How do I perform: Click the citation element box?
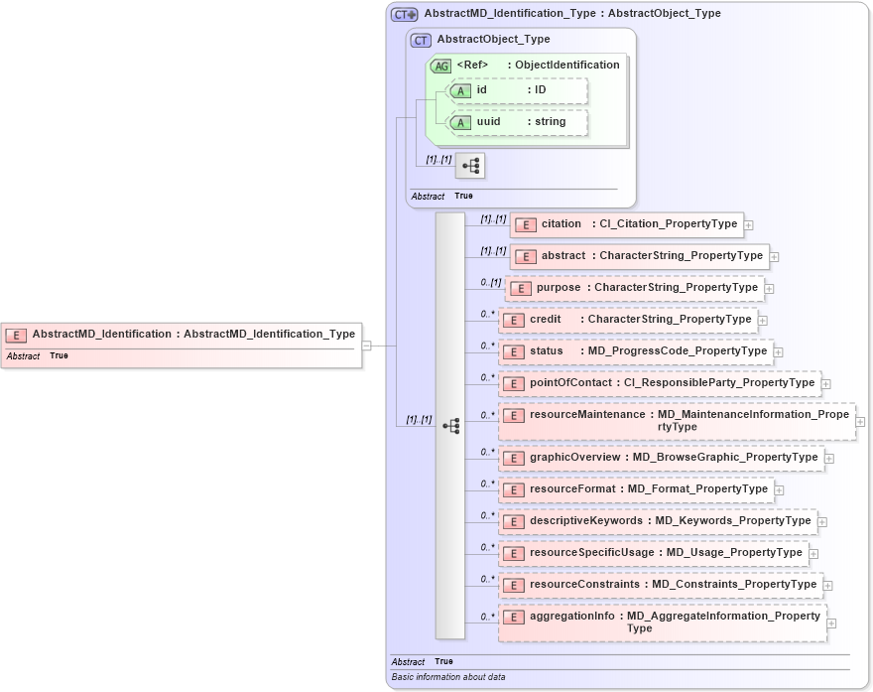pyautogui.click(x=626, y=224)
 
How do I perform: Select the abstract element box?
pyautogui.click(x=639, y=256)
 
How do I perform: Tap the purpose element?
pyautogui.click(x=634, y=288)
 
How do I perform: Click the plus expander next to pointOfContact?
pyautogui.click(x=826, y=383)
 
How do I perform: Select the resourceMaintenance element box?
pyautogui.click(x=676, y=420)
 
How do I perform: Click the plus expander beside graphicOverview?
pyautogui.click(x=829, y=459)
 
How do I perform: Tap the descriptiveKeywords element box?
pyautogui.click(x=658, y=521)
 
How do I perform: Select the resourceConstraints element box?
pyautogui.click(x=661, y=585)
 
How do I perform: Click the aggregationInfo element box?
pyautogui.click(x=662, y=622)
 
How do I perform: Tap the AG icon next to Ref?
pyautogui.click(x=440, y=66)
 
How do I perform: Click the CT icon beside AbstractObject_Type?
pyautogui.click(x=421, y=41)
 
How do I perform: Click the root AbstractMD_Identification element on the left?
pyautogui.click(x=182, y=335)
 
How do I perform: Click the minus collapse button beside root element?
pyautogui.click(x=366, y=346)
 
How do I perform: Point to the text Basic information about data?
pyautogui.click(x=448, y=677)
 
